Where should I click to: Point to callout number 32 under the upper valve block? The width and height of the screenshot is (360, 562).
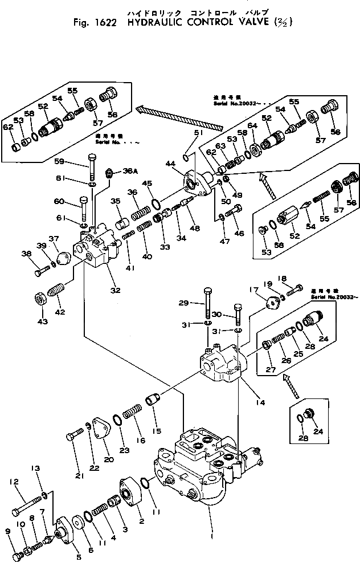pos(116,290)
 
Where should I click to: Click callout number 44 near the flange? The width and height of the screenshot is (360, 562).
pos(170,164)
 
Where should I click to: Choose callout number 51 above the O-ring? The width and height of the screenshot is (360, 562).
pos(198,132)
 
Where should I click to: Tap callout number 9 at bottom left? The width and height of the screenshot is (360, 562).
pos(7,531)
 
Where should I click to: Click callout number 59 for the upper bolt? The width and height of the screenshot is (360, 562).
pos(76,161)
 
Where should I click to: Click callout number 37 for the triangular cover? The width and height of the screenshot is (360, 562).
pos(54,239)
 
